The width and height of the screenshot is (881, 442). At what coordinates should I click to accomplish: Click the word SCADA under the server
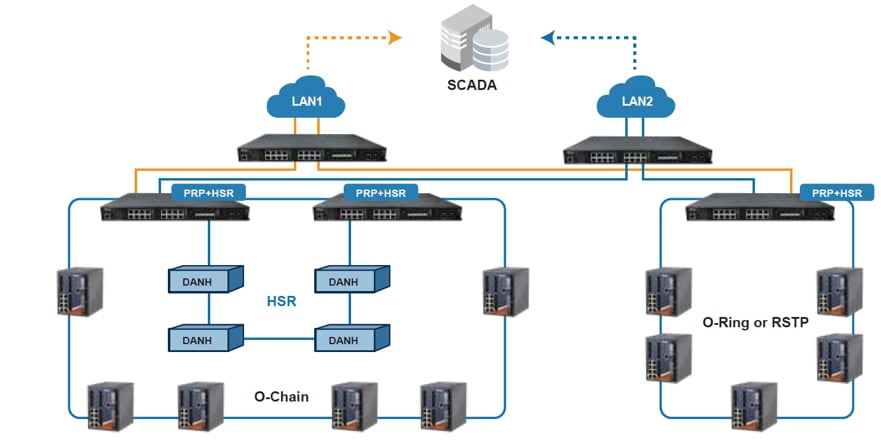pyautogui.click(x=471, y=85)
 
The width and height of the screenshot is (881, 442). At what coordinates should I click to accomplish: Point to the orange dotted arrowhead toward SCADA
pyautogui.click(x=395, y=38)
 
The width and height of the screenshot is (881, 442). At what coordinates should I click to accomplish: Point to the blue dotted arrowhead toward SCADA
pyautogui.click(x=547, y=38)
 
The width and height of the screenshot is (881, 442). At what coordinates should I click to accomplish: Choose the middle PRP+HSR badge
pyautogui.click(x=380, y=191)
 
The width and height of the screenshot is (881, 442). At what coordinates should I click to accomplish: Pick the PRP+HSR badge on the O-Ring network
pyautogui.click(x=836, y=192)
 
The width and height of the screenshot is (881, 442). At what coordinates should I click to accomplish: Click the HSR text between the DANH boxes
pyautogui.click(x=281, y=300)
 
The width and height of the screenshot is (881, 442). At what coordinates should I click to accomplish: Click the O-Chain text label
pyautogui.click(x=282, y=398)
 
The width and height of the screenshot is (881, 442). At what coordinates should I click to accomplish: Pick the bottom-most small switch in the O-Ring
pyautogui.click(x=754, y=405)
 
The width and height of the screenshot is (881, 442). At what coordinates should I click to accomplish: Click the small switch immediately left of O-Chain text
pyautogui.click(x=200, y=404)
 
